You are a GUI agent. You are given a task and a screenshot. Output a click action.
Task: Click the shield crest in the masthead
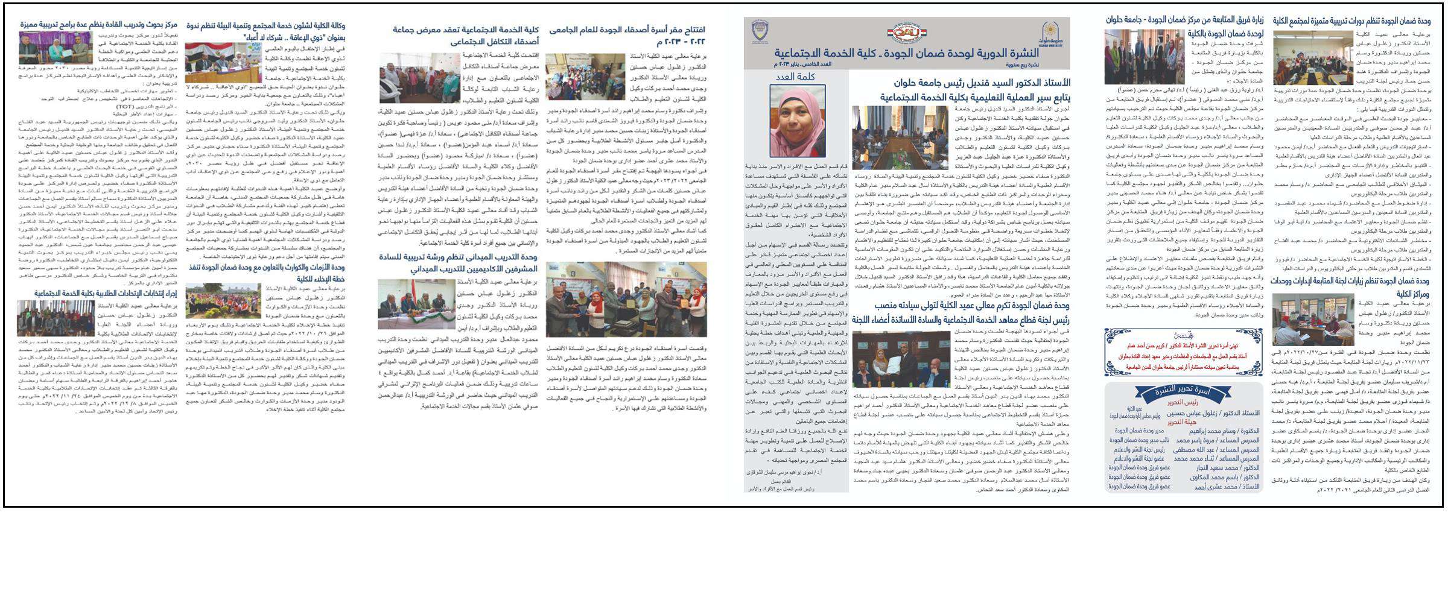pos(760,31)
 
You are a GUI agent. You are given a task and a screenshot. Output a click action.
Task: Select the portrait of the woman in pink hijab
pos(797,121)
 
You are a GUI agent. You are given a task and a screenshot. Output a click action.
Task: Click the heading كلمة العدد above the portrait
pos(796,77)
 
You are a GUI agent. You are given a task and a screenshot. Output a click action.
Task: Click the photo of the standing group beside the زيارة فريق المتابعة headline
pos(1144,57)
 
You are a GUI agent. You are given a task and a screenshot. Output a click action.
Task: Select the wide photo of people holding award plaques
pos(626,299)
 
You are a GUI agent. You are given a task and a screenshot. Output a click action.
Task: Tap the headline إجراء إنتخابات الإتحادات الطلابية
pos(106,293)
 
